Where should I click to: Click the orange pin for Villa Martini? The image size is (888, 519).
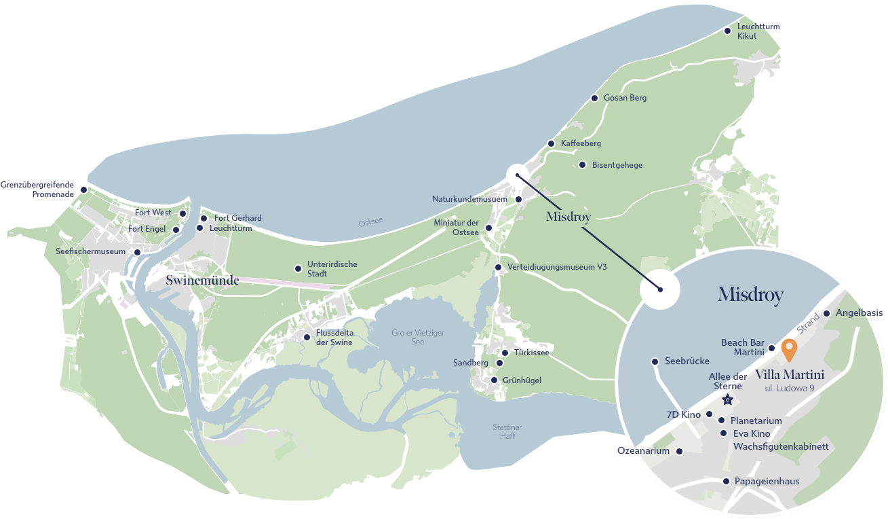click(789, 349)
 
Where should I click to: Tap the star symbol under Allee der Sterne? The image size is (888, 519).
click(727, 399)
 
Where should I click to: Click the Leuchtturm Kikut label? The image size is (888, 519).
click(758, 31)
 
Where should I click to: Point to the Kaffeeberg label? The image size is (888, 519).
click(581, 143)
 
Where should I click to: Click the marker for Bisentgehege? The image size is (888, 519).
click(582, 164)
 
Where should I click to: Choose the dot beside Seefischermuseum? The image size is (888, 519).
click(137, 252)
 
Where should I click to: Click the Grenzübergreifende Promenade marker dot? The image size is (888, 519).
click(83, 190)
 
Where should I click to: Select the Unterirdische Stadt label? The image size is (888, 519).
click(332, 269)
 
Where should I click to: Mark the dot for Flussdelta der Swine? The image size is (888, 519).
click(307, 337)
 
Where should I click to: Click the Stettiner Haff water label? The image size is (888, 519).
click(507, 431)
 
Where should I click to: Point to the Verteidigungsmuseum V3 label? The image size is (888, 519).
click(557, 267)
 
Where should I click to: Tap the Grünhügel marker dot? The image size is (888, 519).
click(495, 380)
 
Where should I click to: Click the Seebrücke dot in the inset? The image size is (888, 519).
click(655, 361)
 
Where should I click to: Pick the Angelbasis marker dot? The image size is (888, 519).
click(826, 314)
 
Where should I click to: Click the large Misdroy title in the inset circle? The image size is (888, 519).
click(750, 295)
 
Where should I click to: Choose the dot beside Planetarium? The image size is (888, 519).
click(721, 420)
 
